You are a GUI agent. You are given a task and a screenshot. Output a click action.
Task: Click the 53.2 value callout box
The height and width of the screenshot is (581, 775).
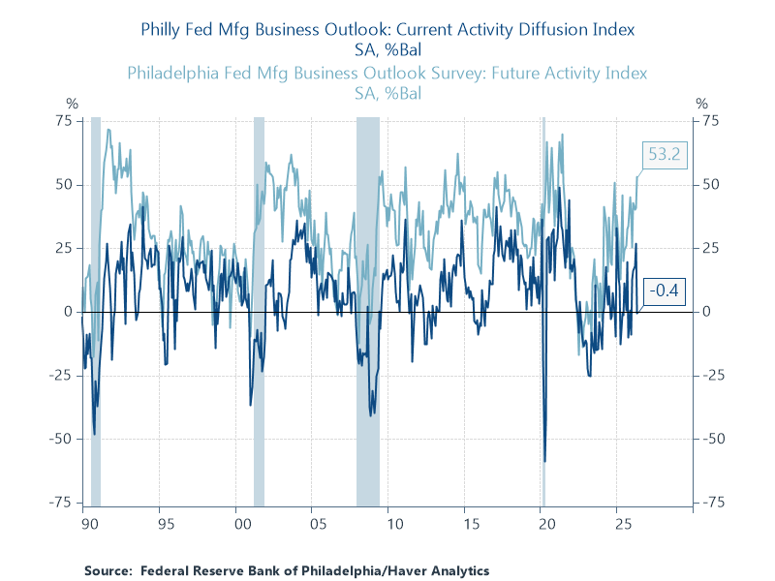tap(665, 155)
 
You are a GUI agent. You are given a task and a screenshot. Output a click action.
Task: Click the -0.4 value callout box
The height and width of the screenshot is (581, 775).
tap(665, 290)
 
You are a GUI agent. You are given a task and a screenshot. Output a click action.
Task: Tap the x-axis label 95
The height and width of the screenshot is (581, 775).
tap(166, 524)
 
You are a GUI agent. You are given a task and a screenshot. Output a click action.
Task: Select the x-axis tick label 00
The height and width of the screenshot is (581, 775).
tap(243, 524)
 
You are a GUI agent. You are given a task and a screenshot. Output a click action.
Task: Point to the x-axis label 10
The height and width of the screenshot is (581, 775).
tap(395, 524)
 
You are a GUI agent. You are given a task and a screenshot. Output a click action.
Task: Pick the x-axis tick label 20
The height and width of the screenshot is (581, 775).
tap(547, 524)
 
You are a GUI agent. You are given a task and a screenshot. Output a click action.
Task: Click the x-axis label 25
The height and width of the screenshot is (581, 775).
tap(623, 524)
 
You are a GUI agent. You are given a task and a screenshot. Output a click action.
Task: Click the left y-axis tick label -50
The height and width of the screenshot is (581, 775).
tap(61, 439)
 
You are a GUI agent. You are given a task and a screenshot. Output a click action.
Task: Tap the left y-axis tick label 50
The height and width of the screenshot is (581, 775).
tap(64, 185)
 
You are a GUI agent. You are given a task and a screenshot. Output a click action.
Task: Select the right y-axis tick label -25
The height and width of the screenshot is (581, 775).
tap(714, 376)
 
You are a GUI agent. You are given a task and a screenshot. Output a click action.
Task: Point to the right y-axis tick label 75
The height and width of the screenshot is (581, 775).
tap(711, 121)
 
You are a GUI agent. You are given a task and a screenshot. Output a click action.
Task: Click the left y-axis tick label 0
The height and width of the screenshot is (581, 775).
tap(68, 312)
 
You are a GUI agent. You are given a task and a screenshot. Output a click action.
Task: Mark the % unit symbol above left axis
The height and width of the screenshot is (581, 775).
tap(72, 104)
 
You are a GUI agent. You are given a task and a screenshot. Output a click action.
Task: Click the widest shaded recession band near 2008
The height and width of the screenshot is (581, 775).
tap(368, 312)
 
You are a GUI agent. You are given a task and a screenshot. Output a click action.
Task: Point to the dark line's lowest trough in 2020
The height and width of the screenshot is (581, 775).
tap(545, 462)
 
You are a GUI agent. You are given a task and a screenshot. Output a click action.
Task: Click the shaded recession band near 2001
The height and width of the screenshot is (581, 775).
tap(259, 312)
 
